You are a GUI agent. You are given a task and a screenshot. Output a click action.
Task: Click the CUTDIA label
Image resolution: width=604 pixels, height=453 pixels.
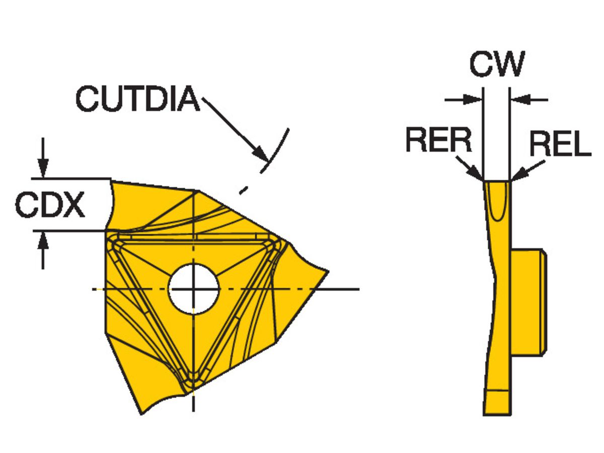point(137,99)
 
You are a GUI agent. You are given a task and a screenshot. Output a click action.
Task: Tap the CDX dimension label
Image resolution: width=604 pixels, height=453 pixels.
point(50,205)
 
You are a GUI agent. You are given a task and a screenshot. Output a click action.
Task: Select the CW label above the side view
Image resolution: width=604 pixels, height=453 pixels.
point(496,64)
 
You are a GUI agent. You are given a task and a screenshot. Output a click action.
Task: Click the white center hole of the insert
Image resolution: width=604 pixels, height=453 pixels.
point(194,289)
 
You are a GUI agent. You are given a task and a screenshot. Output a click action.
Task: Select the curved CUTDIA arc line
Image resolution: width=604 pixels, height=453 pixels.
point(280,143)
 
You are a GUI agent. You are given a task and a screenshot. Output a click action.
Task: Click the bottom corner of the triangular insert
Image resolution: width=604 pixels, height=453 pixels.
point(193,384)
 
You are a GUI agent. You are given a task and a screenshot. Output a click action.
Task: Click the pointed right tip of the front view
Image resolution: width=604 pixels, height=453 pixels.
point(328,272)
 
